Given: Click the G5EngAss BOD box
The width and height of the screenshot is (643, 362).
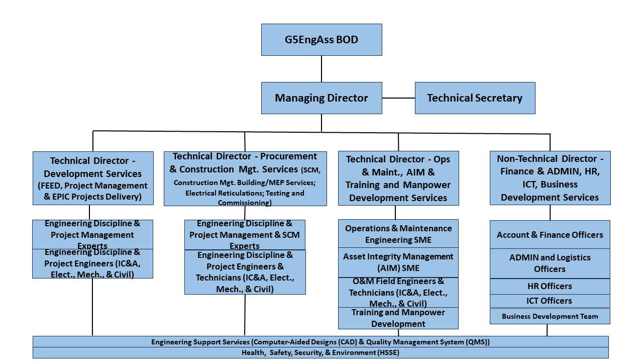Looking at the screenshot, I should coord(321,39).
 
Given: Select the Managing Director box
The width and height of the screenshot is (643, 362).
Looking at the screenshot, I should coord(321,98).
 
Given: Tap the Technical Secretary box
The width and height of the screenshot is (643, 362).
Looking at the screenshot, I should coord(475,98).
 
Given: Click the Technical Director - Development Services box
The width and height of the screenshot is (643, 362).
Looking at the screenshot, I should coord(93,178).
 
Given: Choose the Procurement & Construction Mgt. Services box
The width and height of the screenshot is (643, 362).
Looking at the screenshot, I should coord(245,178).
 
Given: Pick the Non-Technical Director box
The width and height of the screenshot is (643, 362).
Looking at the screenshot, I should coord(550,178).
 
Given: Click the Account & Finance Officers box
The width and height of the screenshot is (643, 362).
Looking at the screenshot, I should coord(550,235).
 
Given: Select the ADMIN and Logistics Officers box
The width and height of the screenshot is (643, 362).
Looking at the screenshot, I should coord(550,263).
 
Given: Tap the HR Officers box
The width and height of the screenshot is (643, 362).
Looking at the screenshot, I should coord(550,286).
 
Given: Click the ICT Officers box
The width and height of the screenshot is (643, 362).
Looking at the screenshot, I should coord(550,301).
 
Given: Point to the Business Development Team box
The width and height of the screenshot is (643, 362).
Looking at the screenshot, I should coord(550,316).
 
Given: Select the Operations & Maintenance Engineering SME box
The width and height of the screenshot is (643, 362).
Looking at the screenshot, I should coord(398,234).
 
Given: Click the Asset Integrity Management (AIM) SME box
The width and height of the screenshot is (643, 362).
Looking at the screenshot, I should coord(398,262).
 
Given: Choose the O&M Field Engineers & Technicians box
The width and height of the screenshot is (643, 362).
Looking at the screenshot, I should coord(398,292).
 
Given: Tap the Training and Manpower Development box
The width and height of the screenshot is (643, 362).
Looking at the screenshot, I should coord(398,318).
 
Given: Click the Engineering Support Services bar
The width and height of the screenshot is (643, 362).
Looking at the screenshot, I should coord(320,342).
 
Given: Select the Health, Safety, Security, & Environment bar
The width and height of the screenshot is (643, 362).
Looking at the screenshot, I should coord(320,352).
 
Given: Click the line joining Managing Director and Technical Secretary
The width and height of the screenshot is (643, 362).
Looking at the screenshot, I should coord(398,98).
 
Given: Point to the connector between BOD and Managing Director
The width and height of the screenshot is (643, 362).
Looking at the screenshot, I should coord(321,69).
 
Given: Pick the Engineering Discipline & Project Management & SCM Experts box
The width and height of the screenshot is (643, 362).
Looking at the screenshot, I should coord(245,234).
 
